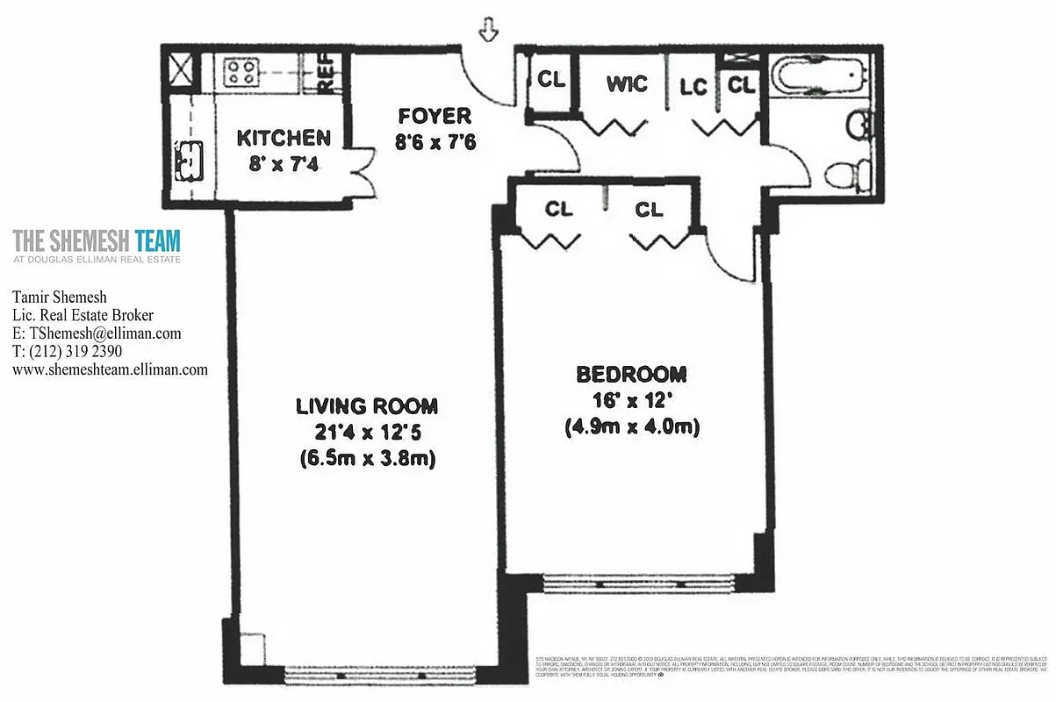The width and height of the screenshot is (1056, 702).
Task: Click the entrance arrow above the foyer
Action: (488, 32)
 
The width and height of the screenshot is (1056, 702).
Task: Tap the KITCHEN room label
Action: (284, 138)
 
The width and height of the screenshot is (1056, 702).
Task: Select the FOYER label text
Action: (435, 116)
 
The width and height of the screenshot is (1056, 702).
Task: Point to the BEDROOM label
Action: (631, 375)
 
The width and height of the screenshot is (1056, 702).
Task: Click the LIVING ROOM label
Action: (366, 406)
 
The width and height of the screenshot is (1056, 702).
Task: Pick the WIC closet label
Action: (627, 84)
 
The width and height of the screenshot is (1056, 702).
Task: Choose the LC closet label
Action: (693, 87)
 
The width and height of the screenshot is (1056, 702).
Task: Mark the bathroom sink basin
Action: (858, 124)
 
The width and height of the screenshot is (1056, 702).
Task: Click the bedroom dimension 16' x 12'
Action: (631, 401)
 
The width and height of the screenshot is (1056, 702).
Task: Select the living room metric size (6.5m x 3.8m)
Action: (366, 458)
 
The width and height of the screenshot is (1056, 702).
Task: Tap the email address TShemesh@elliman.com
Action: (97, 333)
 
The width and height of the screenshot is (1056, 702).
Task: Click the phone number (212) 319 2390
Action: (74, 352)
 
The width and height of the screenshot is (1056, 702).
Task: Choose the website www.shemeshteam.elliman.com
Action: (110, 369)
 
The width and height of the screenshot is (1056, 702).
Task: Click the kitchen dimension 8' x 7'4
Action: (283, 164)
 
